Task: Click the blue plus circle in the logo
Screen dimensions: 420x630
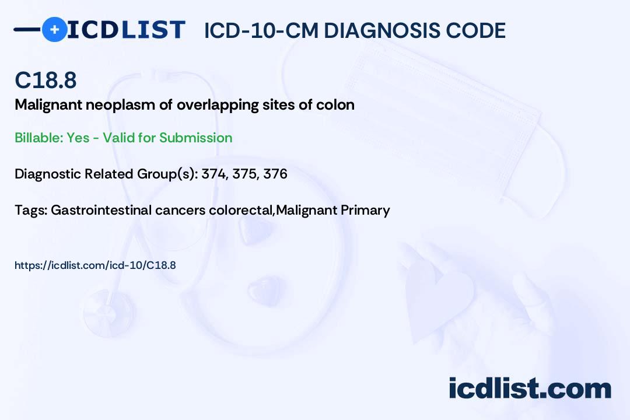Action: click(x=54, y=29)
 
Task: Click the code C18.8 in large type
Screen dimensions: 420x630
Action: click(x=45, y=80)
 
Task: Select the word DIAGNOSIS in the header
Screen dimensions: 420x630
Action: click(x=374, y=31)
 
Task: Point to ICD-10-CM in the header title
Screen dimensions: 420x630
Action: click(x=261, y=31)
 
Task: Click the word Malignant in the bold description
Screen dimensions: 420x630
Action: click(x=44, y=105)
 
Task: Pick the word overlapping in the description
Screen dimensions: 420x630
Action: click(x=217, y=105)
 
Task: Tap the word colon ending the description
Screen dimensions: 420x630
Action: click(x=339, y=105)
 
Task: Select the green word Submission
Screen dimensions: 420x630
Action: click(x=196, y=138)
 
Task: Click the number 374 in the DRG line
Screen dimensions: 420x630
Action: click(x=213, y=173)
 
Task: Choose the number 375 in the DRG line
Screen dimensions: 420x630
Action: click(x=245, y=173)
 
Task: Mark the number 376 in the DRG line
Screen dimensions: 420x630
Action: click(x=275, y=173)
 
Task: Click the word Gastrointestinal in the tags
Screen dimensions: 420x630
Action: click(x=101, y=210)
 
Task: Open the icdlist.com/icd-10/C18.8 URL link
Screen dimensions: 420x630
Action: click(x=95, y=265)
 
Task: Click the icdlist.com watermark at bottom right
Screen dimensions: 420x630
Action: click(x=530, y=388)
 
